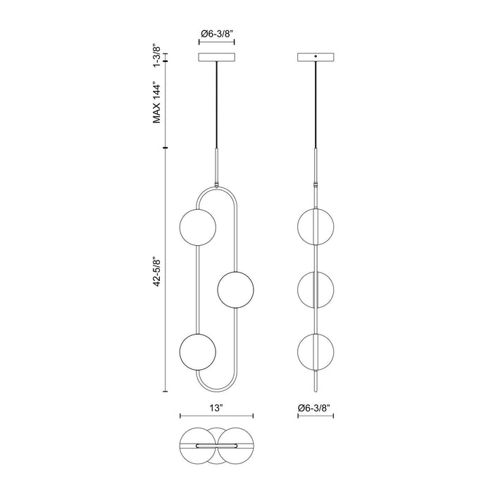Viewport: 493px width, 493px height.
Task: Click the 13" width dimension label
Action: pyautogui.click(x=216, y=408)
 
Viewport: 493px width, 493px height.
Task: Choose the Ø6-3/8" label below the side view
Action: pyautogui.click(x=315, y=408)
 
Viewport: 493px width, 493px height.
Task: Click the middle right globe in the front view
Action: pyautogui.click(x=235, y=289)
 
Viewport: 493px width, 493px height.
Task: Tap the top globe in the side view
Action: pyautogui.click(x=315, y=227)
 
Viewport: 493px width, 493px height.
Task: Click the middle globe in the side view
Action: pyautogui.click(x=315, y=289)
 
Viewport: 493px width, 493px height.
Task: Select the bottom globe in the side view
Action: pyautogui.click(x=315, y=350)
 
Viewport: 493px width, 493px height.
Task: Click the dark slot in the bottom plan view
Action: pyautogui.click(x=208, y=445)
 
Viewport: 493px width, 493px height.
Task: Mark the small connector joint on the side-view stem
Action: pyautogui.click(x=315, y=185)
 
